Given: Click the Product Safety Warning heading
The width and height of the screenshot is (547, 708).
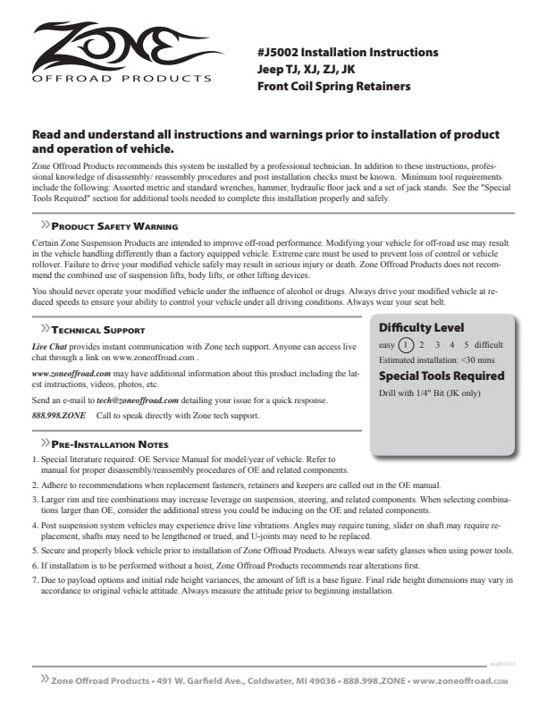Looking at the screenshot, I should pyautogui.click(x=114, y=227).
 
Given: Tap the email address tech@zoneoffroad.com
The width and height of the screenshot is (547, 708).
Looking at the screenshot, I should pyautogui.click(x=138, y=400).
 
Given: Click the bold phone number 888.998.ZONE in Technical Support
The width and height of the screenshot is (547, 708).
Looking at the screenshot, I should pyautogui.click(x=58, y=416).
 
